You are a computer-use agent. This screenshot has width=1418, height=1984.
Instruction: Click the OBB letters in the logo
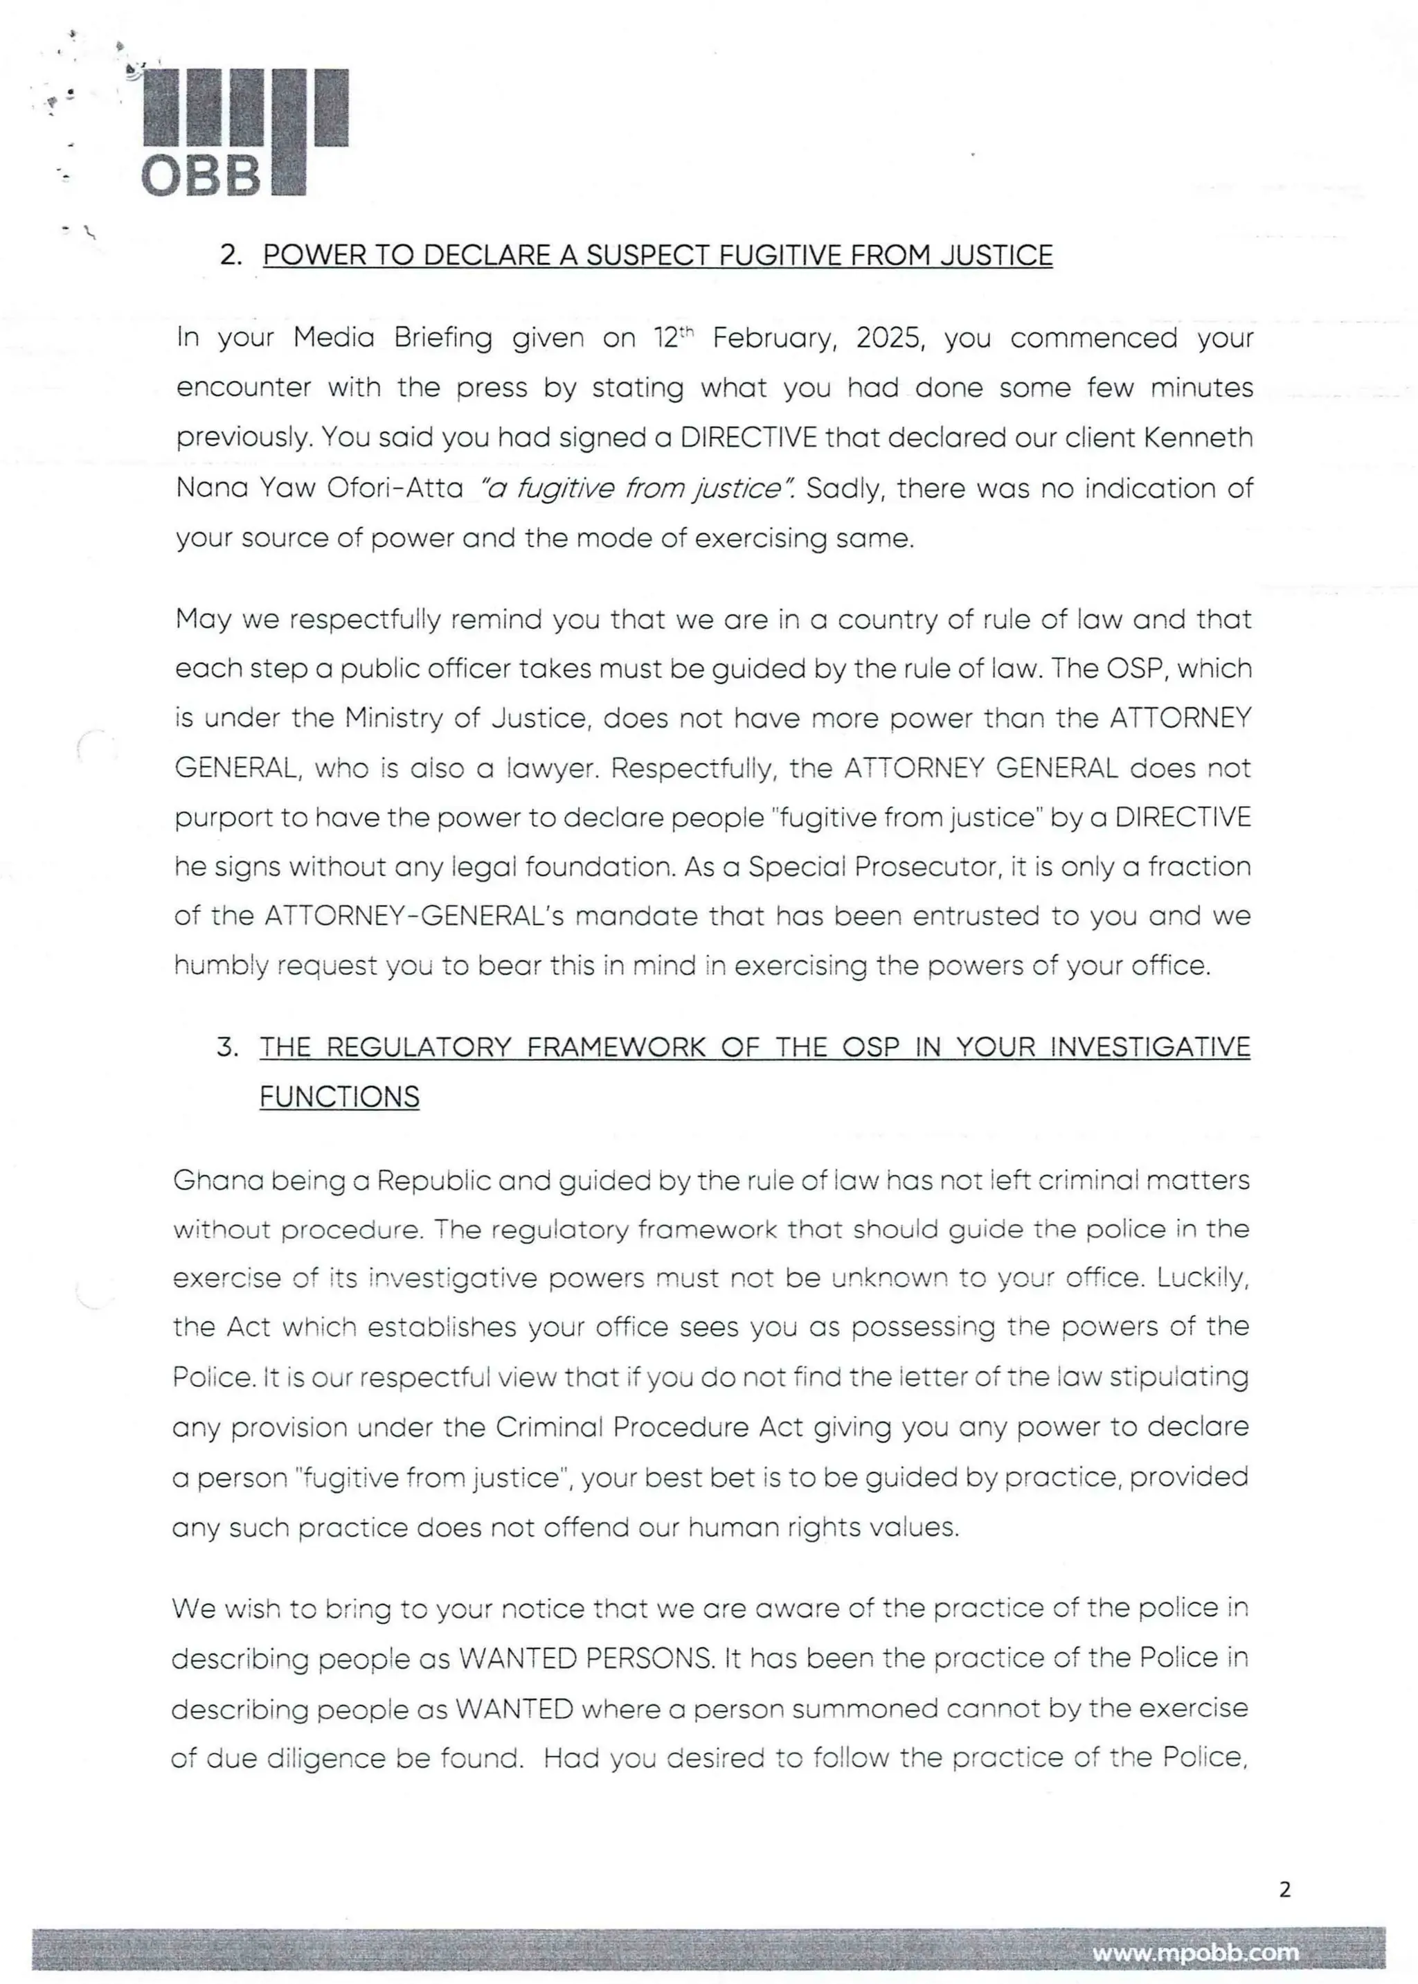click(201, 177)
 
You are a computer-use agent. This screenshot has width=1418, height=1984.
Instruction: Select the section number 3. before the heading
click(228, 1046)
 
